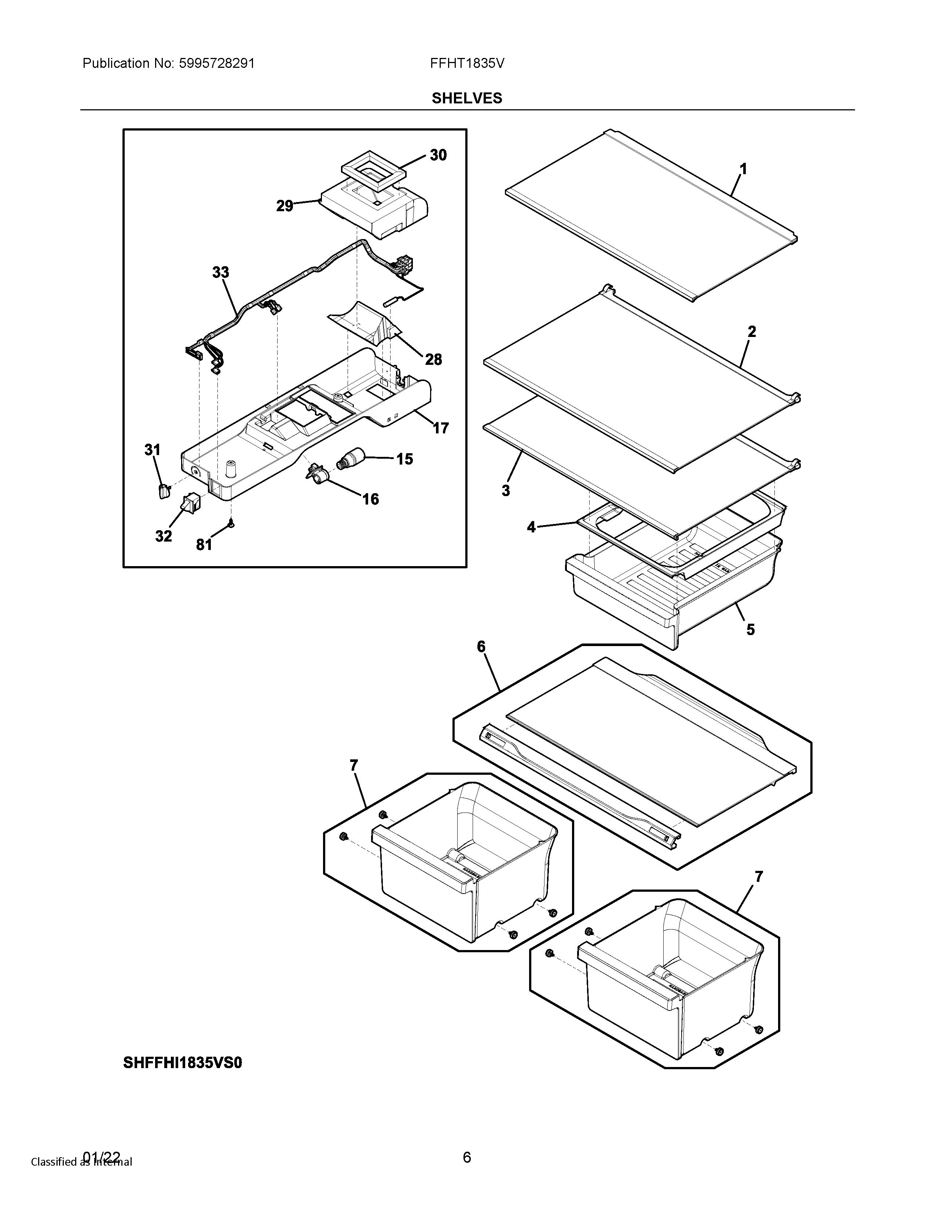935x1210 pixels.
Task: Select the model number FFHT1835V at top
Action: coord(467,64)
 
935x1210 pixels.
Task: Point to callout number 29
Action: coord(285,207)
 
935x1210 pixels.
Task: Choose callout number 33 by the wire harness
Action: coord(220,272)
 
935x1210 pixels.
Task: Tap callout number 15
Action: coord(404,459)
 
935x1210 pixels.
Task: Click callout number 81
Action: coord(204,545)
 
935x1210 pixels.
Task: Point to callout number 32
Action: coord(164,536)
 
